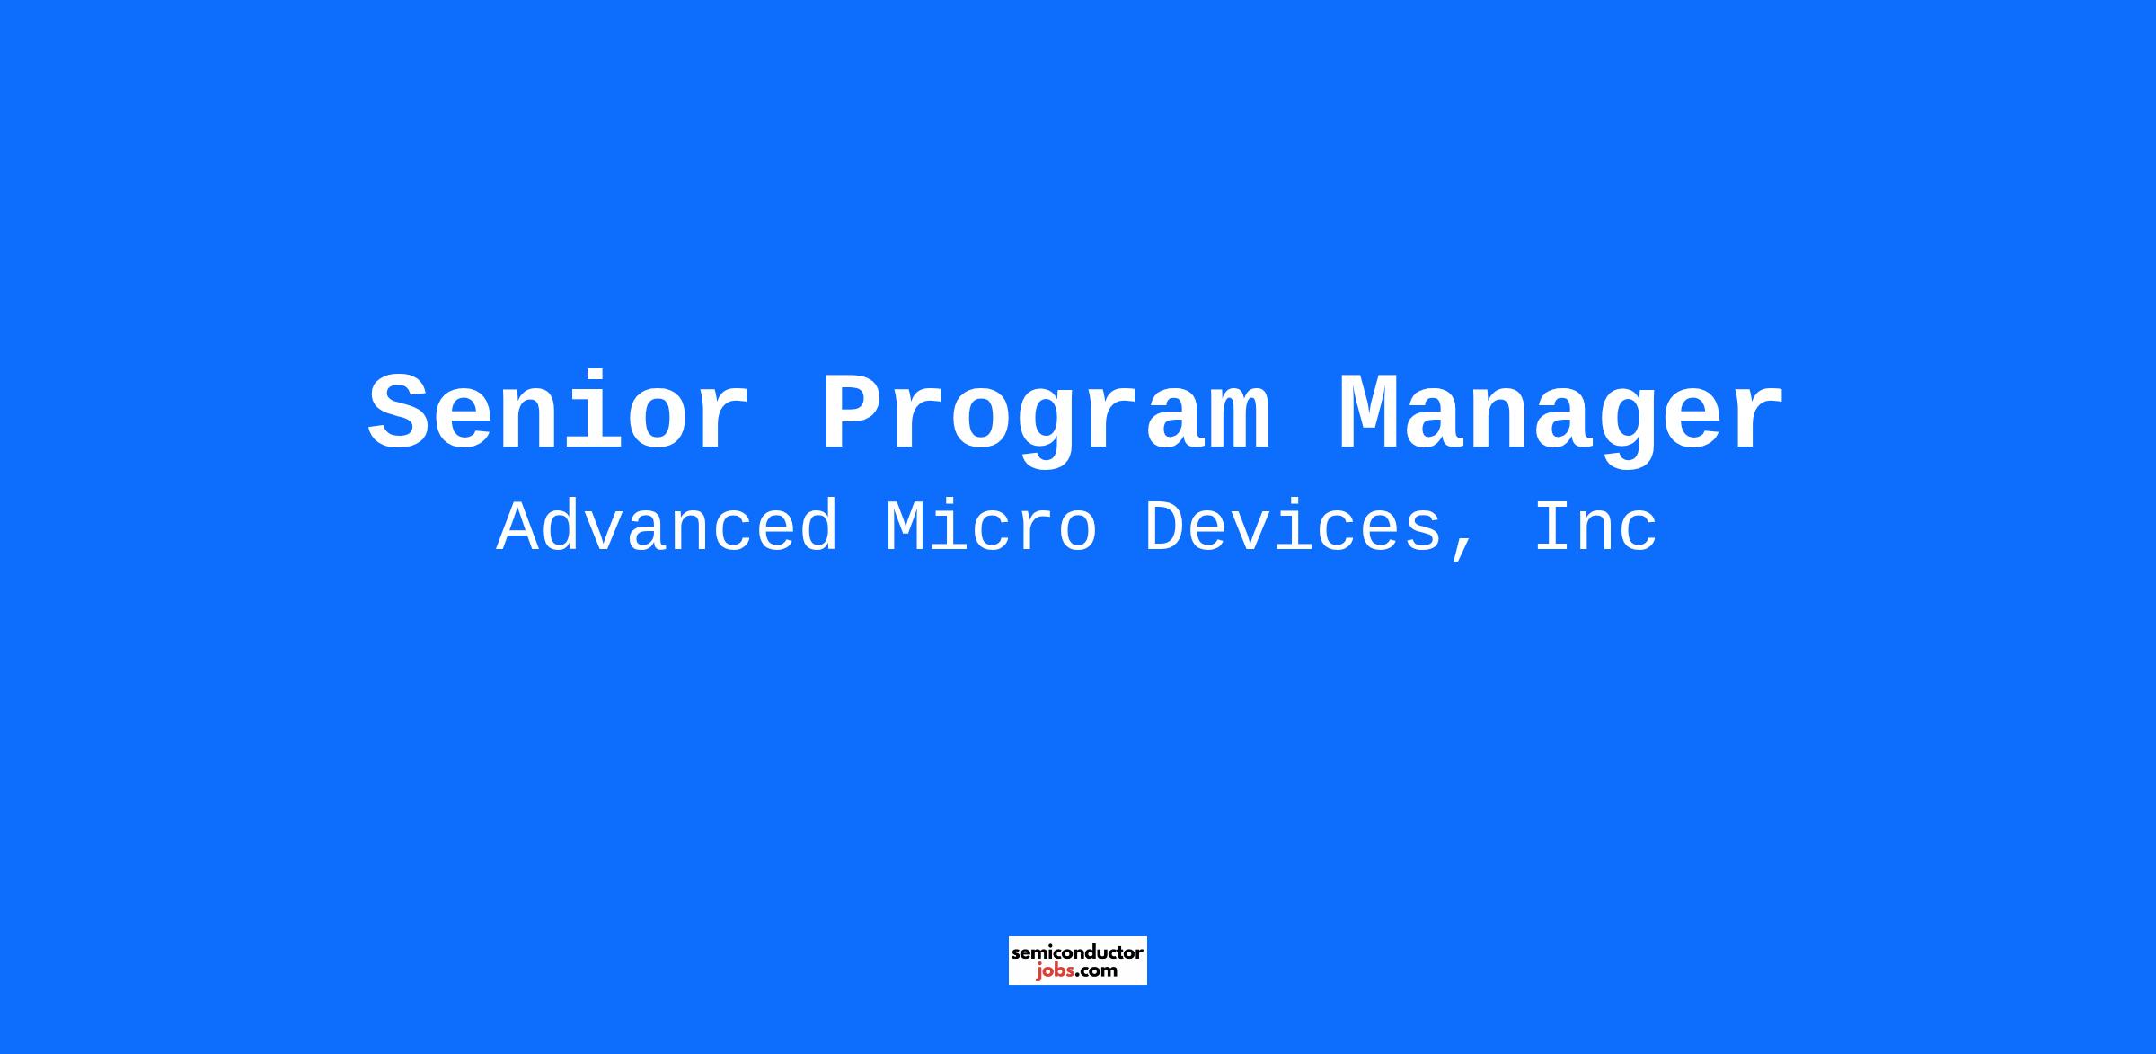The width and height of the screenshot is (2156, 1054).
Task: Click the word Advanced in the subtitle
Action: coord(667,527)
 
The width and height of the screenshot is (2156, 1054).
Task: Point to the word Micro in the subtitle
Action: coord(991,527)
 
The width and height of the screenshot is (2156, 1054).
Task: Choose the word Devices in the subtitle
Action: coord(1293,527)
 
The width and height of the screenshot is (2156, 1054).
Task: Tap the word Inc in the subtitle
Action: coord(1595,527)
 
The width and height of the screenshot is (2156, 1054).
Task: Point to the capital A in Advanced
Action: coord(517,527)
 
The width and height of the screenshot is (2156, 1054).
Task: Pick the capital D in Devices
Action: coord(1165,527)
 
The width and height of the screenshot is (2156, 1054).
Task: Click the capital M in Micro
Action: coord(906,527)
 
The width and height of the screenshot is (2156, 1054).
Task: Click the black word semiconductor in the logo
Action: coord(1077,952)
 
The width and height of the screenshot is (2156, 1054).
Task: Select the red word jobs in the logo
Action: coord(1055,971)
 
